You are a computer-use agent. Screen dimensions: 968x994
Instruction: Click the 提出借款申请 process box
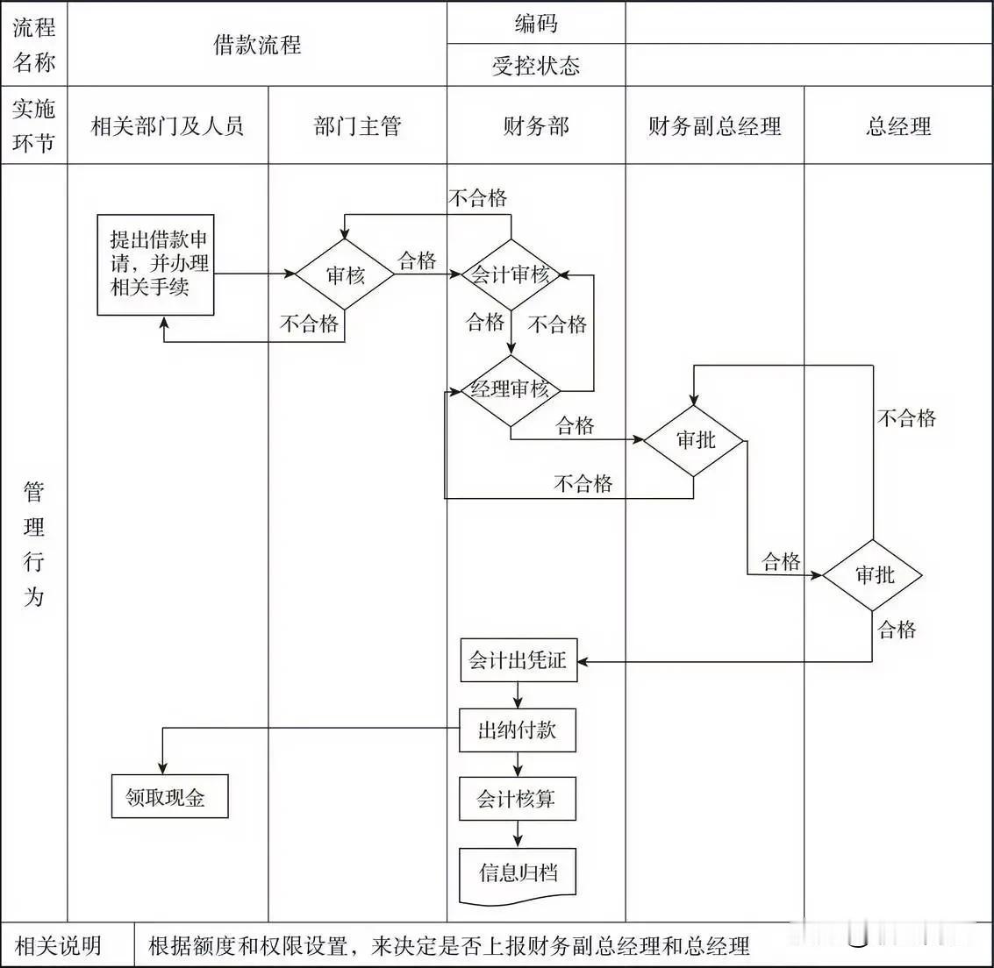click(x=155, y=265)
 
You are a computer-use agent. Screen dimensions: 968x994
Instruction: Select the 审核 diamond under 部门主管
click(x=344, y=274)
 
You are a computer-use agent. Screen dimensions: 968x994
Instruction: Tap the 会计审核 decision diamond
click(x=511, y=274)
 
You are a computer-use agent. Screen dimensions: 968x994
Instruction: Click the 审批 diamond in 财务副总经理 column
click(x=694, y=440)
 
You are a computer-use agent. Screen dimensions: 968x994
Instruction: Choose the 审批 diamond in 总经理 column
click(x=873, y=575)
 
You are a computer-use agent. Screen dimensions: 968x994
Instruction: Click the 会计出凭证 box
click(x=518, y=660)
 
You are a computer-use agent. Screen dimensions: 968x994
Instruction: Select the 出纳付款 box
click(x=517, y=730)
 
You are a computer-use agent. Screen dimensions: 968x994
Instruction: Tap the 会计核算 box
click(x=517, y=799)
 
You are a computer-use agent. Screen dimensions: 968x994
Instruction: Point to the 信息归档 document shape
click(x=518, y=873)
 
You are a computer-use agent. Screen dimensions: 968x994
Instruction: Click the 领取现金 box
click(x=168, y=797)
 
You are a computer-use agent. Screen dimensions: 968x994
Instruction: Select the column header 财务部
click(x=535, y=126)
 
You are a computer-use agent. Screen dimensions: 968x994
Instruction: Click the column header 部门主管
click(x=357, y=126)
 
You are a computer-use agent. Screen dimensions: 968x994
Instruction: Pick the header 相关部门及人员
click(x=168, y=126)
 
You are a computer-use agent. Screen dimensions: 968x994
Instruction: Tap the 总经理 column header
click(x=898, y=126)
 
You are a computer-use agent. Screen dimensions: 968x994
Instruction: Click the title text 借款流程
click(x=257, y=45)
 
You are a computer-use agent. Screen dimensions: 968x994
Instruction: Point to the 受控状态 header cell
click(x=535, y=66)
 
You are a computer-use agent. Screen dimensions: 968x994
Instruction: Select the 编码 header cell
click(x=535, y=23)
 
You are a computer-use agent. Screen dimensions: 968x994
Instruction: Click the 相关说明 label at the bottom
click(x=58, y=946)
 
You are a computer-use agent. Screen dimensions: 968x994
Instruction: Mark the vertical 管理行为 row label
click(x=33, y=544)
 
